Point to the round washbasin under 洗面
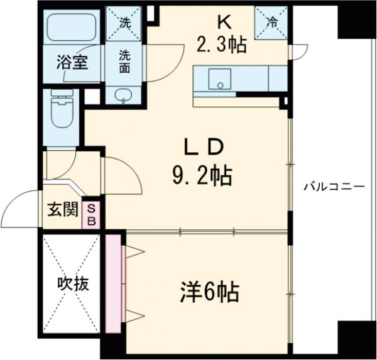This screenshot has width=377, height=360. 124,95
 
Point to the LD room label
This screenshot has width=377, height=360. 202,148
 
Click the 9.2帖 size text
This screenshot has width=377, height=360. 202,175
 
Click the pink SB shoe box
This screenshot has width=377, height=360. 92,214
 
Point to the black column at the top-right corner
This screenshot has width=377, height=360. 352,19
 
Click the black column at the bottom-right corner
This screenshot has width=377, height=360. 352,339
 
